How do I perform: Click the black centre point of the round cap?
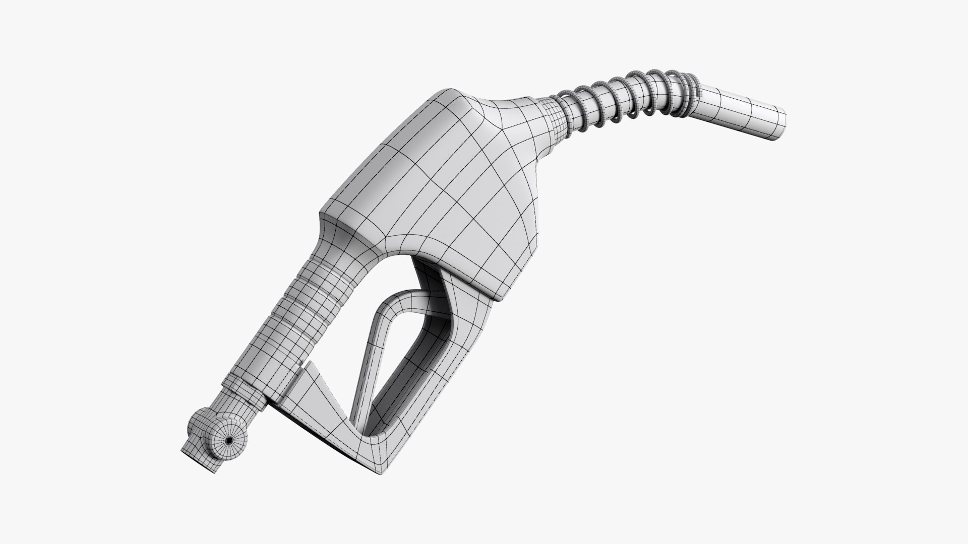(x=229, y=440)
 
